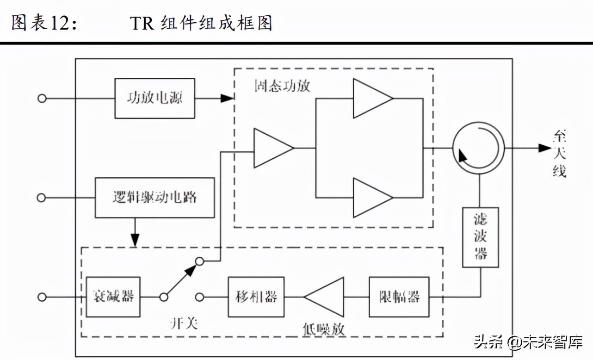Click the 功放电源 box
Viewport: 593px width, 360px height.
pyautogui.click(x=154, y=98)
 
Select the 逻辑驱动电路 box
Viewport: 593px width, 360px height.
pyautogui.click(x=154, y=198)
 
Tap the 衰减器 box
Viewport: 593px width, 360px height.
pyautogui.click(x=113, y=297)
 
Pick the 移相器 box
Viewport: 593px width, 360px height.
pyautogui.click(x=256, y=297)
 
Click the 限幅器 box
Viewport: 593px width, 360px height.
pyautogui.click(x=399, y=297)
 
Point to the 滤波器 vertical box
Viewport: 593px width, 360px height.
pyautogui.click(x=481, y=237)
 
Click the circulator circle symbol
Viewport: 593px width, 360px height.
pyautogui.click(x=478, y=148)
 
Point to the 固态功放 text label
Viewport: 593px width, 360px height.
pyautogui.click(x=282, y=86)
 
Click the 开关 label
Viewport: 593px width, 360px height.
pyautogui.click(x=184, y=323)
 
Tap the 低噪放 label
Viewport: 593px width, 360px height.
pyautogui.click(x=324, y=329)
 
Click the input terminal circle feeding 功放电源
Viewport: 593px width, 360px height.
pyautogui.click(x=42, y=98)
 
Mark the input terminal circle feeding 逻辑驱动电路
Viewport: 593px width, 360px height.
pyautogui.click(x=42, y=198)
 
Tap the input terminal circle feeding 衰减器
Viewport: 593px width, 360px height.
pyautogui.click(x=42, y=297)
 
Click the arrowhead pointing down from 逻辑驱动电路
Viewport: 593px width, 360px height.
pyautogui.click(x=135, y=240)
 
